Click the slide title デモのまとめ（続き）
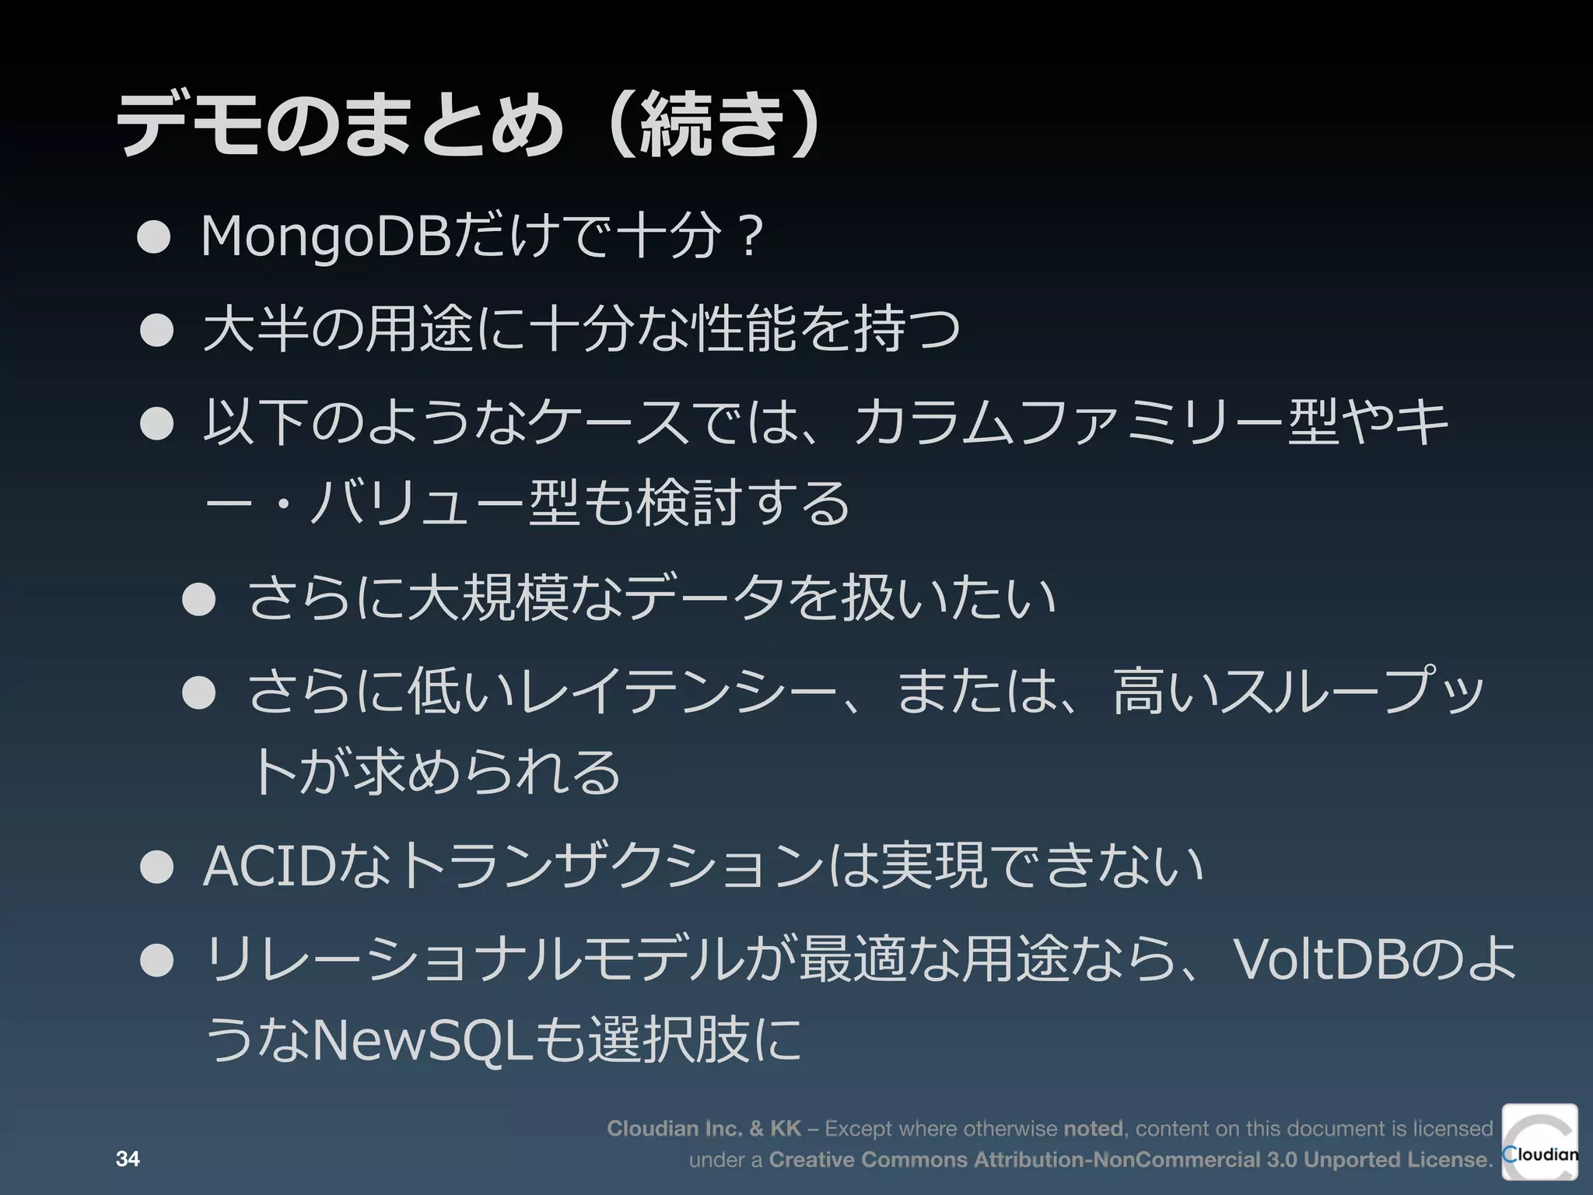coord(467,124)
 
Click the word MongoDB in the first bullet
coord(325,237)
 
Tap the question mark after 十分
coord(749,237)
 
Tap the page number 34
coord(128,1159)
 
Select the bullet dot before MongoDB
coord(154,238)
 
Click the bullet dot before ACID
coord(156,868)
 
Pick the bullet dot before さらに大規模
coord(199,600)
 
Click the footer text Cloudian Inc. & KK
coord(703,1128)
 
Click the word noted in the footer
coord(1092,1128)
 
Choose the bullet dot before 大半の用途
coord(156,330)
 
